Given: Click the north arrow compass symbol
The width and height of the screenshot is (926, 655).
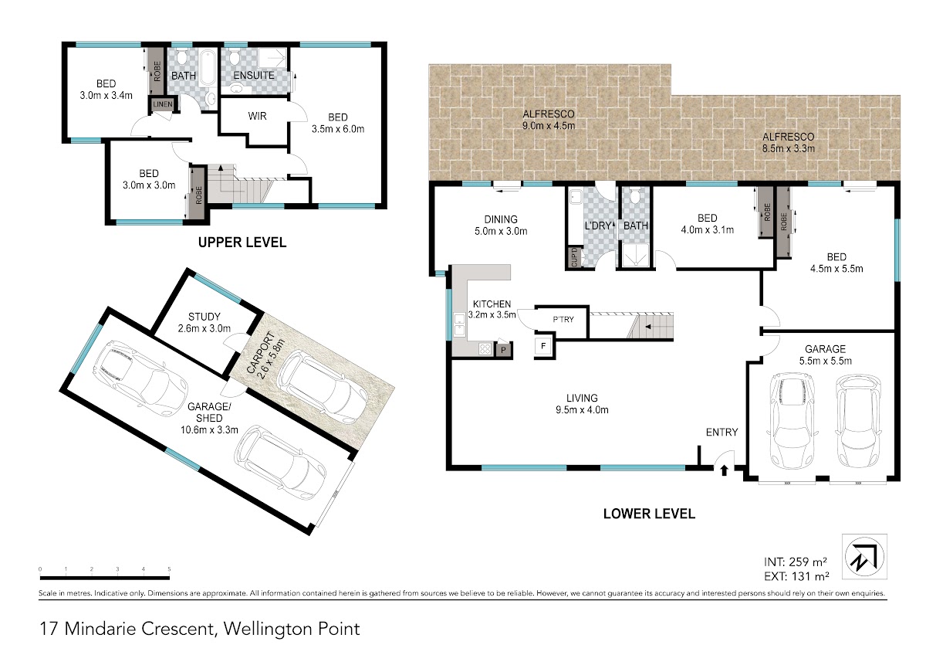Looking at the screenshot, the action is click(864, 557).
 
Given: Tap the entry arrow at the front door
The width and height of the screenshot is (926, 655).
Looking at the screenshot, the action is click(724, 470).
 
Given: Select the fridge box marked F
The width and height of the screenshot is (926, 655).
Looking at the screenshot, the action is click(543, 346).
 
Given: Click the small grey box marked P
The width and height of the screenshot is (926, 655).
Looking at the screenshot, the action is click(503, 350).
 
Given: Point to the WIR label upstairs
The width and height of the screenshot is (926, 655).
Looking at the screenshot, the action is click(257, 117).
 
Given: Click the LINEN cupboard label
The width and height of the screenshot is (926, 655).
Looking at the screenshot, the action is click(163, 104).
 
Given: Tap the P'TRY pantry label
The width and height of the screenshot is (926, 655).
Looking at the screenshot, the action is click(563, 320).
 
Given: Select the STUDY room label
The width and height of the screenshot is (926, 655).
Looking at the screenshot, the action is click(204, 317).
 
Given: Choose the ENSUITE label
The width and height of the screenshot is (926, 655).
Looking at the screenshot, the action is click(254, 75).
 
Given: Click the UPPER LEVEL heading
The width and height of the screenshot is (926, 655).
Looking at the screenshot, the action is click(242, 243).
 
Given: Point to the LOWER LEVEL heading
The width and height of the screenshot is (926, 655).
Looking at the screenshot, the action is click(649, 514).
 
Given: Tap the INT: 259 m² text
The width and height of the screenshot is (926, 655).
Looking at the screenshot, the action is click(796, 562).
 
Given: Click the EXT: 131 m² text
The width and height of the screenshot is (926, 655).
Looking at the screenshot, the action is click(796, 576).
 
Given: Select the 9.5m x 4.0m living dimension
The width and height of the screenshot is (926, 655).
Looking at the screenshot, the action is click(582, 410).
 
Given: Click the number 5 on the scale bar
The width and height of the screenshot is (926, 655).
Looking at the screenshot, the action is click(169, 569).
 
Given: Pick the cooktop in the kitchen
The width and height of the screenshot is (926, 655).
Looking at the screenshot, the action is click(485, 349).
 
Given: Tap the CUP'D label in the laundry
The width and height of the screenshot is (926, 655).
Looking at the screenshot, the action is click(574, 257).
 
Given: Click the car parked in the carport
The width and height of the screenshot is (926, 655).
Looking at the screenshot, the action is click(322, 386).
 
